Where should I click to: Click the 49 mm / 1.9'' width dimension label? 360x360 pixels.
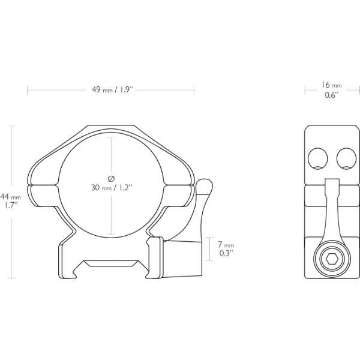pos(112,90)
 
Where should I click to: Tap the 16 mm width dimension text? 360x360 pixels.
pos(332,85)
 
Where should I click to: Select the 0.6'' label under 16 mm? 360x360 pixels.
pos(331,95)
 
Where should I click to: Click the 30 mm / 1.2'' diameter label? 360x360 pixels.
pos(112,187)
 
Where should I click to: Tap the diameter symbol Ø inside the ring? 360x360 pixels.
pos(111,178)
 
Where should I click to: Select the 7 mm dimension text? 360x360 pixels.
pos(226,245)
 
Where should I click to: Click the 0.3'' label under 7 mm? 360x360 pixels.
pos(224,254)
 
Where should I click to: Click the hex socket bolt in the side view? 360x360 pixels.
pos(331,261)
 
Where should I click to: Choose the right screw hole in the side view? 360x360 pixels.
pos(346,159)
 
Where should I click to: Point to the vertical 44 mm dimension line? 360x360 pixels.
pos(11,240)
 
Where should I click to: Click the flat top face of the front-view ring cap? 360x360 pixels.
pos(112,126)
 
